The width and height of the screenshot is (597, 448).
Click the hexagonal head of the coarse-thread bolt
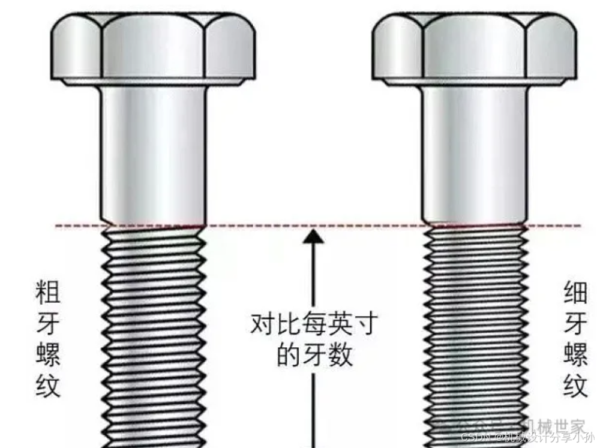point(153,48)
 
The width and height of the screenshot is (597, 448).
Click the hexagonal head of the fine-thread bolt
point(474,48)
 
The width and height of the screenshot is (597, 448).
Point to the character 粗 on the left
point(48,291)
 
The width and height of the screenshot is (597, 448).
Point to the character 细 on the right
point(575,291)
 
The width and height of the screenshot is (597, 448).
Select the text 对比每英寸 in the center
point(314,324)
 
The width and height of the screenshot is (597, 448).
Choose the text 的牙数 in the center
point(314,355)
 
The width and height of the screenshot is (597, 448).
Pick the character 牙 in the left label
point(48,323)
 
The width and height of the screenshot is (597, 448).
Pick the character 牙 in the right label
point(575,323)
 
